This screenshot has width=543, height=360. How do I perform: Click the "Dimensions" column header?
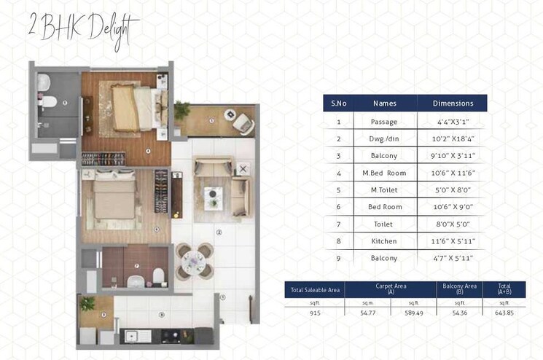click(453, 103)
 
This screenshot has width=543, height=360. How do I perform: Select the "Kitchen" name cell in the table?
click(384, 240)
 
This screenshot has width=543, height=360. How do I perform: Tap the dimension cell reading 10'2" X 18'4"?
click(453, 138)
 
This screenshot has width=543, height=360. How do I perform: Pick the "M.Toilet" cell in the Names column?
click(384, 189)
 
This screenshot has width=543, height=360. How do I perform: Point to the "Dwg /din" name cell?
click(384, 138)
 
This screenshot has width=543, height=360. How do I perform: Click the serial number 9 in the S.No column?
click(338, 258)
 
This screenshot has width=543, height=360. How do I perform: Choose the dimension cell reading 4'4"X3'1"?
click(453, 121)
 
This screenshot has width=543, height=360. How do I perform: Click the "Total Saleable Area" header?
click(314, 289)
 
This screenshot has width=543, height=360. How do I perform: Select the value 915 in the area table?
click(314, 313)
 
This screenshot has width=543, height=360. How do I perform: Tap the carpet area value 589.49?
click(413, 313)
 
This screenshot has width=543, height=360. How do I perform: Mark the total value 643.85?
click(504, 313)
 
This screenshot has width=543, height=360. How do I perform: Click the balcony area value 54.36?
click(458, 313)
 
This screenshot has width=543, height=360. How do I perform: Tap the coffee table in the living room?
click(214, 193)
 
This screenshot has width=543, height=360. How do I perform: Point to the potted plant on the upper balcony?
click(181, 111)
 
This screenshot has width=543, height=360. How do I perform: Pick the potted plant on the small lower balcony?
click(88, 302)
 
